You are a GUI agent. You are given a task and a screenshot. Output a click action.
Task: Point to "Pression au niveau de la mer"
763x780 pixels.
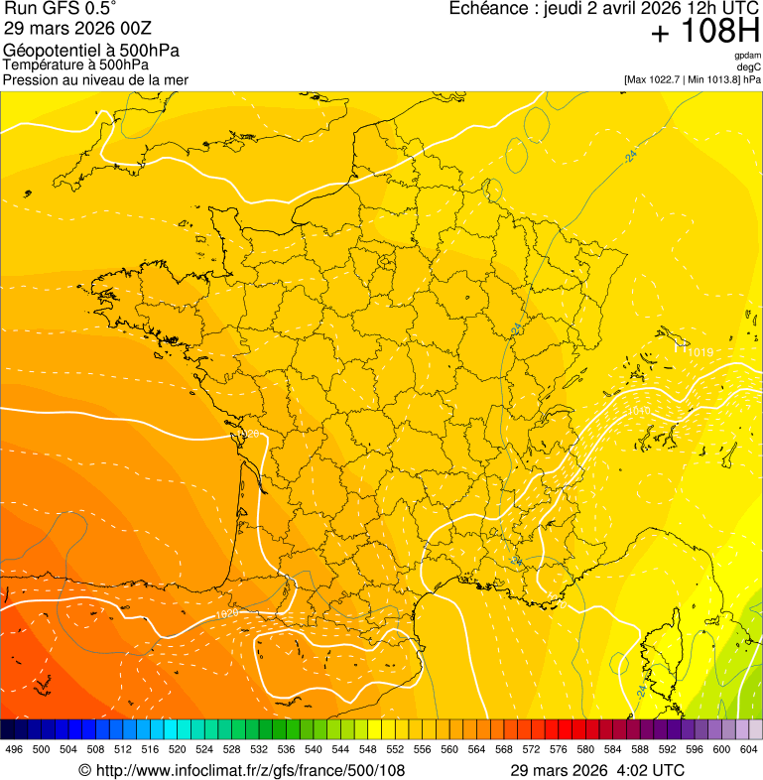coord(95,79)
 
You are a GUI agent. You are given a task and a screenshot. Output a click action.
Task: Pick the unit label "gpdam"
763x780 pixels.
coord(747,57)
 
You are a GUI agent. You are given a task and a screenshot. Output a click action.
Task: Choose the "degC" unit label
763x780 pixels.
coord(749,67)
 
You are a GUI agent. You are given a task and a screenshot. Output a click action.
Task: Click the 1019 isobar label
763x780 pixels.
coord(700,352)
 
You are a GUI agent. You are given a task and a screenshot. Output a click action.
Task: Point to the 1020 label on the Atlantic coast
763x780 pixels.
coord(249,435)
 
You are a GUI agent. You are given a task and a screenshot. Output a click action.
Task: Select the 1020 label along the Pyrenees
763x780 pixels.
coord(227,615)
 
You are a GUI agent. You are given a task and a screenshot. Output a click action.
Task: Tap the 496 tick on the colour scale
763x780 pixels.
coord(14,749)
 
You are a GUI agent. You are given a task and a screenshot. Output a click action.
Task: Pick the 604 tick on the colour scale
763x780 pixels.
coord(749,749)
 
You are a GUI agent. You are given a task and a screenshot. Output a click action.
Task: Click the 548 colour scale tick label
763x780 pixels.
coord(367,749)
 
